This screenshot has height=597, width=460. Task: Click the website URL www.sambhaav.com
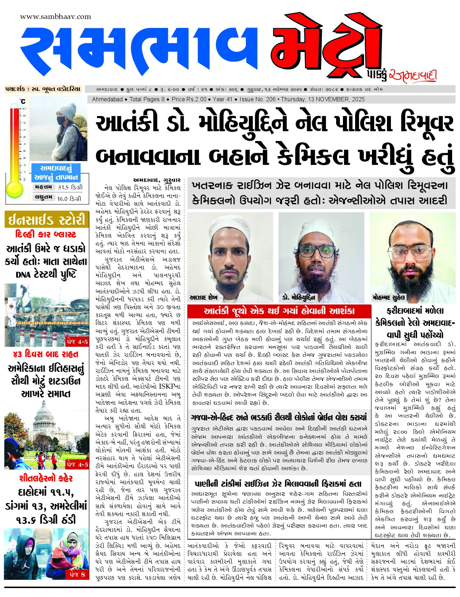tap(55, 17)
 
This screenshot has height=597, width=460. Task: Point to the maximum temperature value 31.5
tap(63, 187)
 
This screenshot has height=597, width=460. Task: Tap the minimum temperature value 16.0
tap(62, 198)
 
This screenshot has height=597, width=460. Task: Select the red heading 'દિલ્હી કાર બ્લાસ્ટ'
tap(46, 234)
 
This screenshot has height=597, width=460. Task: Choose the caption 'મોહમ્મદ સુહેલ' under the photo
tap(388, 297)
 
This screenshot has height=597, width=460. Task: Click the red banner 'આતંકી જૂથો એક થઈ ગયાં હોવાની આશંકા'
tap(279, 311)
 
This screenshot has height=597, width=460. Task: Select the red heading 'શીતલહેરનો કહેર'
tap(46, 478)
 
